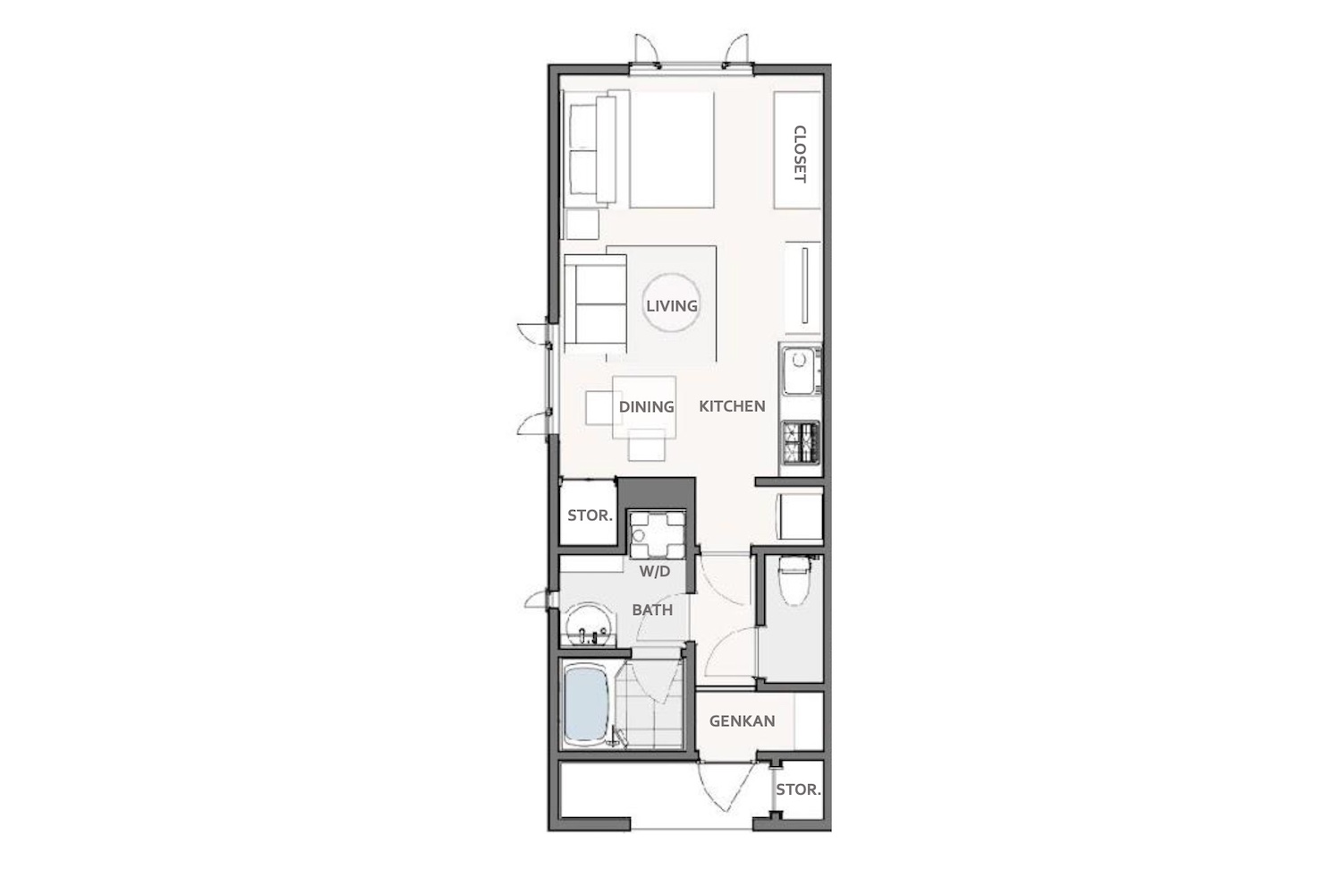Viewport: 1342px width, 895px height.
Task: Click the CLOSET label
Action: (799, 154)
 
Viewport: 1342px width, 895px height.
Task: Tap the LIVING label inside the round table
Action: (672, 306)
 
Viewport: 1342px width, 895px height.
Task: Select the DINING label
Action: (647, 406)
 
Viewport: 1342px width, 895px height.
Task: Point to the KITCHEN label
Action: (732, 405)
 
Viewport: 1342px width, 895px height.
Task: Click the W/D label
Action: (654, 571)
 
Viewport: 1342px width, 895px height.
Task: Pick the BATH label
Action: (652, 610)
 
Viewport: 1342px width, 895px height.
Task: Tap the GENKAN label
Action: (743, 721)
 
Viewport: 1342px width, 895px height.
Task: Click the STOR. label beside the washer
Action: (590, 516)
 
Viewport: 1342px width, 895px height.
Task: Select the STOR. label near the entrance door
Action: (798, 789)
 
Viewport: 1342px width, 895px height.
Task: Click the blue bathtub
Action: (587, 705)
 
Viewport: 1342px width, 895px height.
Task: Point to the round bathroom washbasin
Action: (590, 624)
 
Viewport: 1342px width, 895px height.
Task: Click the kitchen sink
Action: (801, 371)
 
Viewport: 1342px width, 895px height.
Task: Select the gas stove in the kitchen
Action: (801, 442)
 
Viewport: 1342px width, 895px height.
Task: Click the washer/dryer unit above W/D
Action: (657, 534)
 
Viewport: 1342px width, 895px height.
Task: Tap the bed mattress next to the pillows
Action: (672, 149)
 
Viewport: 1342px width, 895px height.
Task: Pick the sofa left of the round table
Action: (595, 303)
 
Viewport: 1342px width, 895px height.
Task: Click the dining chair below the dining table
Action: (647, 445)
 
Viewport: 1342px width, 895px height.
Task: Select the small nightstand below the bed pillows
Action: (582, 225)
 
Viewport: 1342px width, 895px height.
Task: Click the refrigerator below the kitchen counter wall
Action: (799, 516)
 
